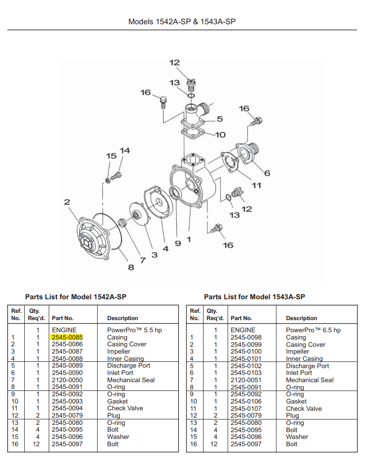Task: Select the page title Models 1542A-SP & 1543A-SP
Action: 182,22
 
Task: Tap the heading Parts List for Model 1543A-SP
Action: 254,297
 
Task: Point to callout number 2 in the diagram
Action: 67,202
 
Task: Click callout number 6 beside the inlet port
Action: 267,173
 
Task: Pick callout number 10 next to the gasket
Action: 220,135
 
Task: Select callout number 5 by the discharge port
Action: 220,119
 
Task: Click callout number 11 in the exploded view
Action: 256,185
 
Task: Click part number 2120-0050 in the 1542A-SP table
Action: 67,380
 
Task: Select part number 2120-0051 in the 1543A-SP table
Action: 246,380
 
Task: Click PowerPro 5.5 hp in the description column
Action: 135,330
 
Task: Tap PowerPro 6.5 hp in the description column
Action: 313,330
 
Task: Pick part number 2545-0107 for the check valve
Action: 246,408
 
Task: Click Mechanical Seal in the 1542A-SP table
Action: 131,380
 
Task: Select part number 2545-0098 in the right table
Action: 246,337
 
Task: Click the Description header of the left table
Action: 122,318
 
